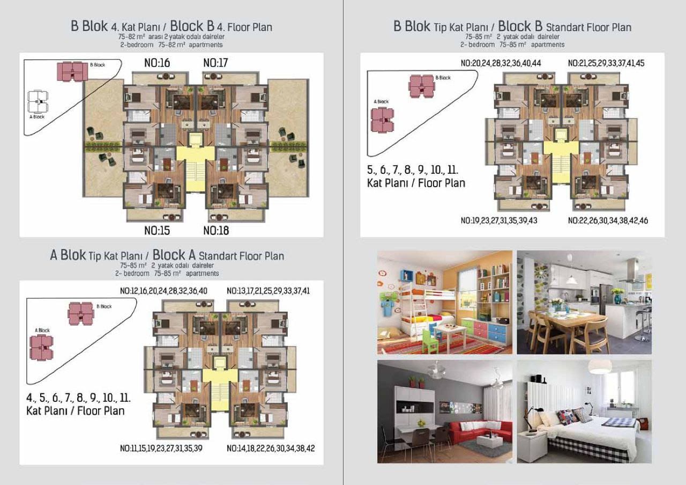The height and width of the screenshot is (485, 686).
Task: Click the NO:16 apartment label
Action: point(157,63)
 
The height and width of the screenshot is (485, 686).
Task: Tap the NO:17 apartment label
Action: point(215,63)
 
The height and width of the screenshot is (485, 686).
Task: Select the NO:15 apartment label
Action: point(157,231)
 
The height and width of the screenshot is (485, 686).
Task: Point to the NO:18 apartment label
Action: point(216,231)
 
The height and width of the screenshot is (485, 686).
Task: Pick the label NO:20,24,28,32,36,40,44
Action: point(501,63)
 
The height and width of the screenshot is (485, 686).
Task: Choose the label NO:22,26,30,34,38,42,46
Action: point(608,221)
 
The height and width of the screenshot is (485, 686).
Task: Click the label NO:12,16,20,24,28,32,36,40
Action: point(163,291)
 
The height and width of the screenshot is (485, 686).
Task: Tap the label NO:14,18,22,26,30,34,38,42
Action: point(271,448)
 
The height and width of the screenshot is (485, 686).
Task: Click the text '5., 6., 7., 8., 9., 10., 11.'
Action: point(413,170)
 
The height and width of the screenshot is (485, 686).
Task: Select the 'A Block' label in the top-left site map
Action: point(37,117)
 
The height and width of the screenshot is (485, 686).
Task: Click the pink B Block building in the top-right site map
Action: point(421,86)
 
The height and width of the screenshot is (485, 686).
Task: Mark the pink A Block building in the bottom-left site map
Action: point(42,347)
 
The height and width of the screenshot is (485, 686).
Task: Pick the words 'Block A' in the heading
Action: point(174,255)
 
